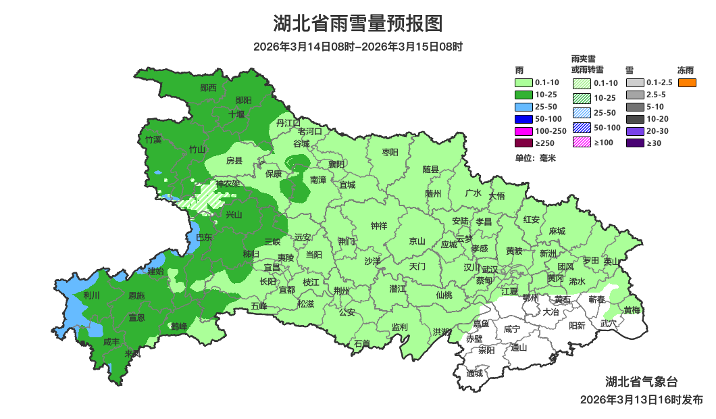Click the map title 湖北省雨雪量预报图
coord(358,24)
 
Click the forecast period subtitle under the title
coord(358,47)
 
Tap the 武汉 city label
coord(489,270)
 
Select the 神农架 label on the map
coord(228,184)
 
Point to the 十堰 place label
coord(236,114)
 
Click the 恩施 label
coord(136,296)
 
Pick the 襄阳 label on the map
coord(336,164)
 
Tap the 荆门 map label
coord(347,241)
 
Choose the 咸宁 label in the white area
coord(512,329)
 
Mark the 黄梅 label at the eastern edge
coord(632,310)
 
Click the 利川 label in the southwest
coord(91,295)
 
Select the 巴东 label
coord(203,237)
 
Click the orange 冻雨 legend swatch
coord(686,82)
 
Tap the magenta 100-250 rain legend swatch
coord(523,130)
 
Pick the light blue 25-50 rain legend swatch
coord(523,107)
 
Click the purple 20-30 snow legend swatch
coord(635,131)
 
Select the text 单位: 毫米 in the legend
coord(535,158)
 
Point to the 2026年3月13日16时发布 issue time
coord(641,399)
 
